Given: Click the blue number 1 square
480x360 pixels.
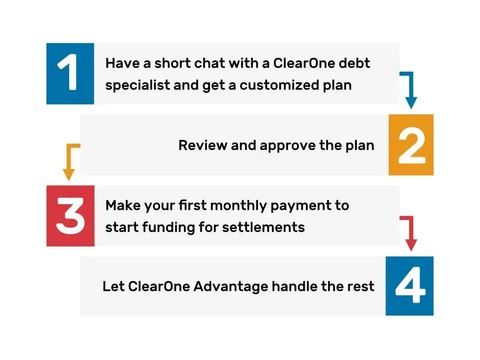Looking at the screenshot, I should coord(70,74).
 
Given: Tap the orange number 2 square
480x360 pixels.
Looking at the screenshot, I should coord(411,145).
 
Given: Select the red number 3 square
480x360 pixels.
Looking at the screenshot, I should coord(70,216).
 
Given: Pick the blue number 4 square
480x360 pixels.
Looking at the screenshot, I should coord(410,286).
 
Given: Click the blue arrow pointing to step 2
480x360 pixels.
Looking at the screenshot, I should coord(410,90).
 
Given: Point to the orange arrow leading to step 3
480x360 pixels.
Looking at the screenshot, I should coord(70,162).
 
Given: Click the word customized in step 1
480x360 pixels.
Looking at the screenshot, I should coord(279,85).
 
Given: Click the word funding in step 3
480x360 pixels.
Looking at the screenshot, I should coord(168,227).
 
